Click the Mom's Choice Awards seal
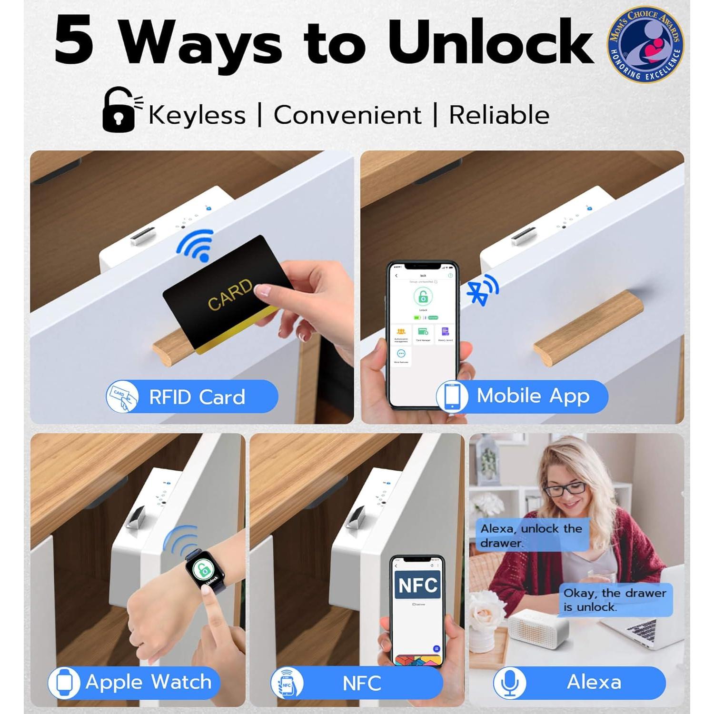coord(645,45)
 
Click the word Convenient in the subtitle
coord(347,115)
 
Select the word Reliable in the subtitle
coord(499,115)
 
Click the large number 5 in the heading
coord(74,42)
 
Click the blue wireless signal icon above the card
coord(197,244)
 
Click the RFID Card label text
coord(197,397)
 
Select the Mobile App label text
coord(533,396)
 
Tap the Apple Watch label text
coord(149,682)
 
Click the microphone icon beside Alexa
coord(510,683)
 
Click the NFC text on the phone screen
coord(417,585)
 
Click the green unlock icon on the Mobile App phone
coord(423,297)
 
